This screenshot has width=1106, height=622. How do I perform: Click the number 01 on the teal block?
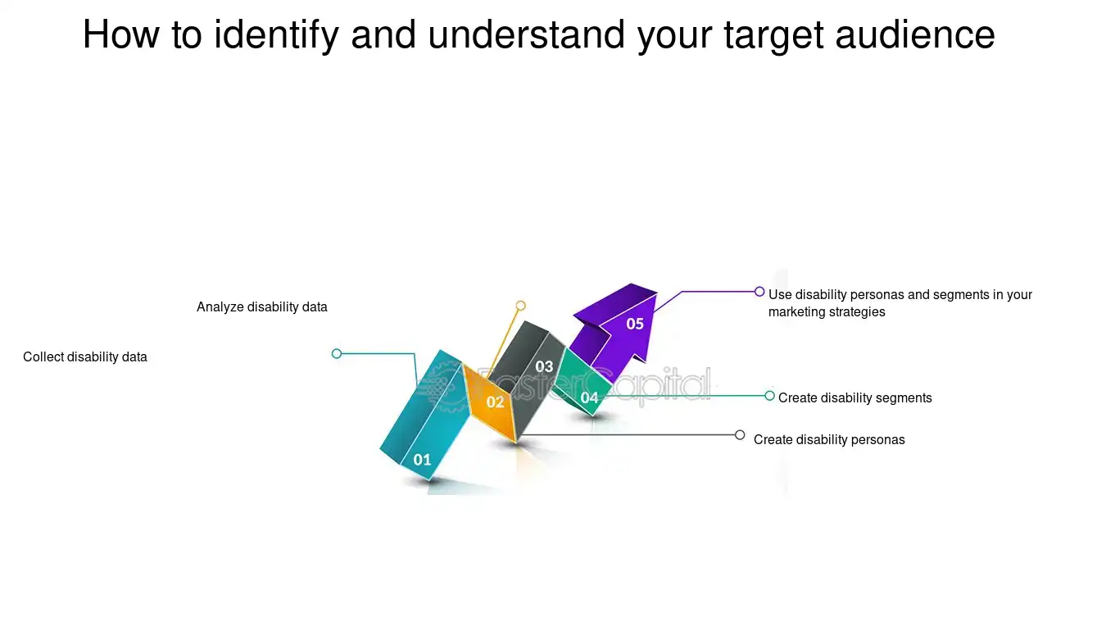(422, 460)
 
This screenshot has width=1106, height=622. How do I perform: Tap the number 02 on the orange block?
(495, 402)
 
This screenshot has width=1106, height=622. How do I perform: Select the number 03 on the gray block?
(544, 366)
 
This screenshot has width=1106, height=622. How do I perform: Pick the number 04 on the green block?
(590, 398)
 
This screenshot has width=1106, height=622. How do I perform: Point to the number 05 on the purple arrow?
(635, 324)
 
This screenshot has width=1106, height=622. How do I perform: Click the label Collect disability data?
(85, 357)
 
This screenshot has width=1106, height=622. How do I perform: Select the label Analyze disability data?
(262, 307)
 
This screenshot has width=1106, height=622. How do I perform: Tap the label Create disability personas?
(829, 440)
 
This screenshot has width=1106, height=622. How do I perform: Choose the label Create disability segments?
(855, 398)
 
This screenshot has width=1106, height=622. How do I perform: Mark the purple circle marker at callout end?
(759, 292)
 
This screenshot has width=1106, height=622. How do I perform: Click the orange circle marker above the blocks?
(520, 306)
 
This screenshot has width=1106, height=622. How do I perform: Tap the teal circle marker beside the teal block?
(337, 354)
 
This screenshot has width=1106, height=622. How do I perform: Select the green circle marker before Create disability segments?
(769, 396)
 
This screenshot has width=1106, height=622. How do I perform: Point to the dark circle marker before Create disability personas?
(740, 435)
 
